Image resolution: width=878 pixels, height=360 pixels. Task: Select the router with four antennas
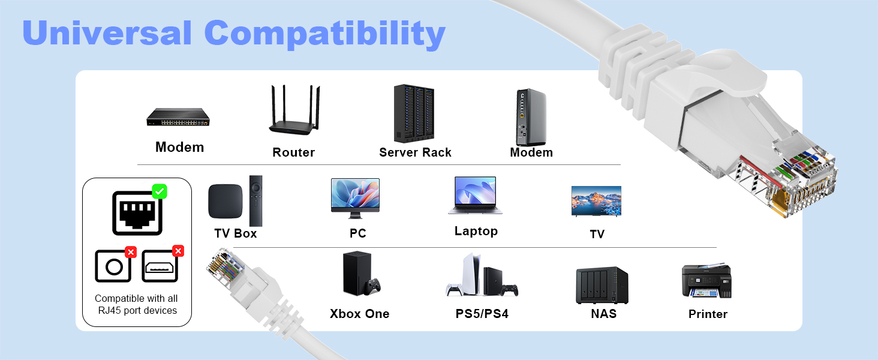294,111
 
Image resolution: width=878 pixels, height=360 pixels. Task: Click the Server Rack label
415,152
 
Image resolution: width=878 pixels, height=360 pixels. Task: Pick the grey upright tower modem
531,116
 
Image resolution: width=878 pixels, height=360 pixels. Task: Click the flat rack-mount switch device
179,117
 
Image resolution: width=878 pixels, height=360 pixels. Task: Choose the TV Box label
236,233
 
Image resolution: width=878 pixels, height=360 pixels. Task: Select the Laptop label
476,231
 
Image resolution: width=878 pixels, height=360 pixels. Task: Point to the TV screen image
596,200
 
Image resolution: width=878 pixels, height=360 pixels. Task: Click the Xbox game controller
374,286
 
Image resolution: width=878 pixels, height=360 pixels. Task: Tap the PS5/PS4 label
482,313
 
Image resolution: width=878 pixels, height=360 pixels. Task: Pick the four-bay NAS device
602,285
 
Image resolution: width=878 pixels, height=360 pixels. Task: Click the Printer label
708,314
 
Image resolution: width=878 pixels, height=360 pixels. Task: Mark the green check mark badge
160,191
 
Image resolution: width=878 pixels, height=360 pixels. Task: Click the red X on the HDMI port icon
178,251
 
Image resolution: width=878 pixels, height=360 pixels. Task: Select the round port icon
113,266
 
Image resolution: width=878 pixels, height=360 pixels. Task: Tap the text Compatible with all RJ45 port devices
136,304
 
